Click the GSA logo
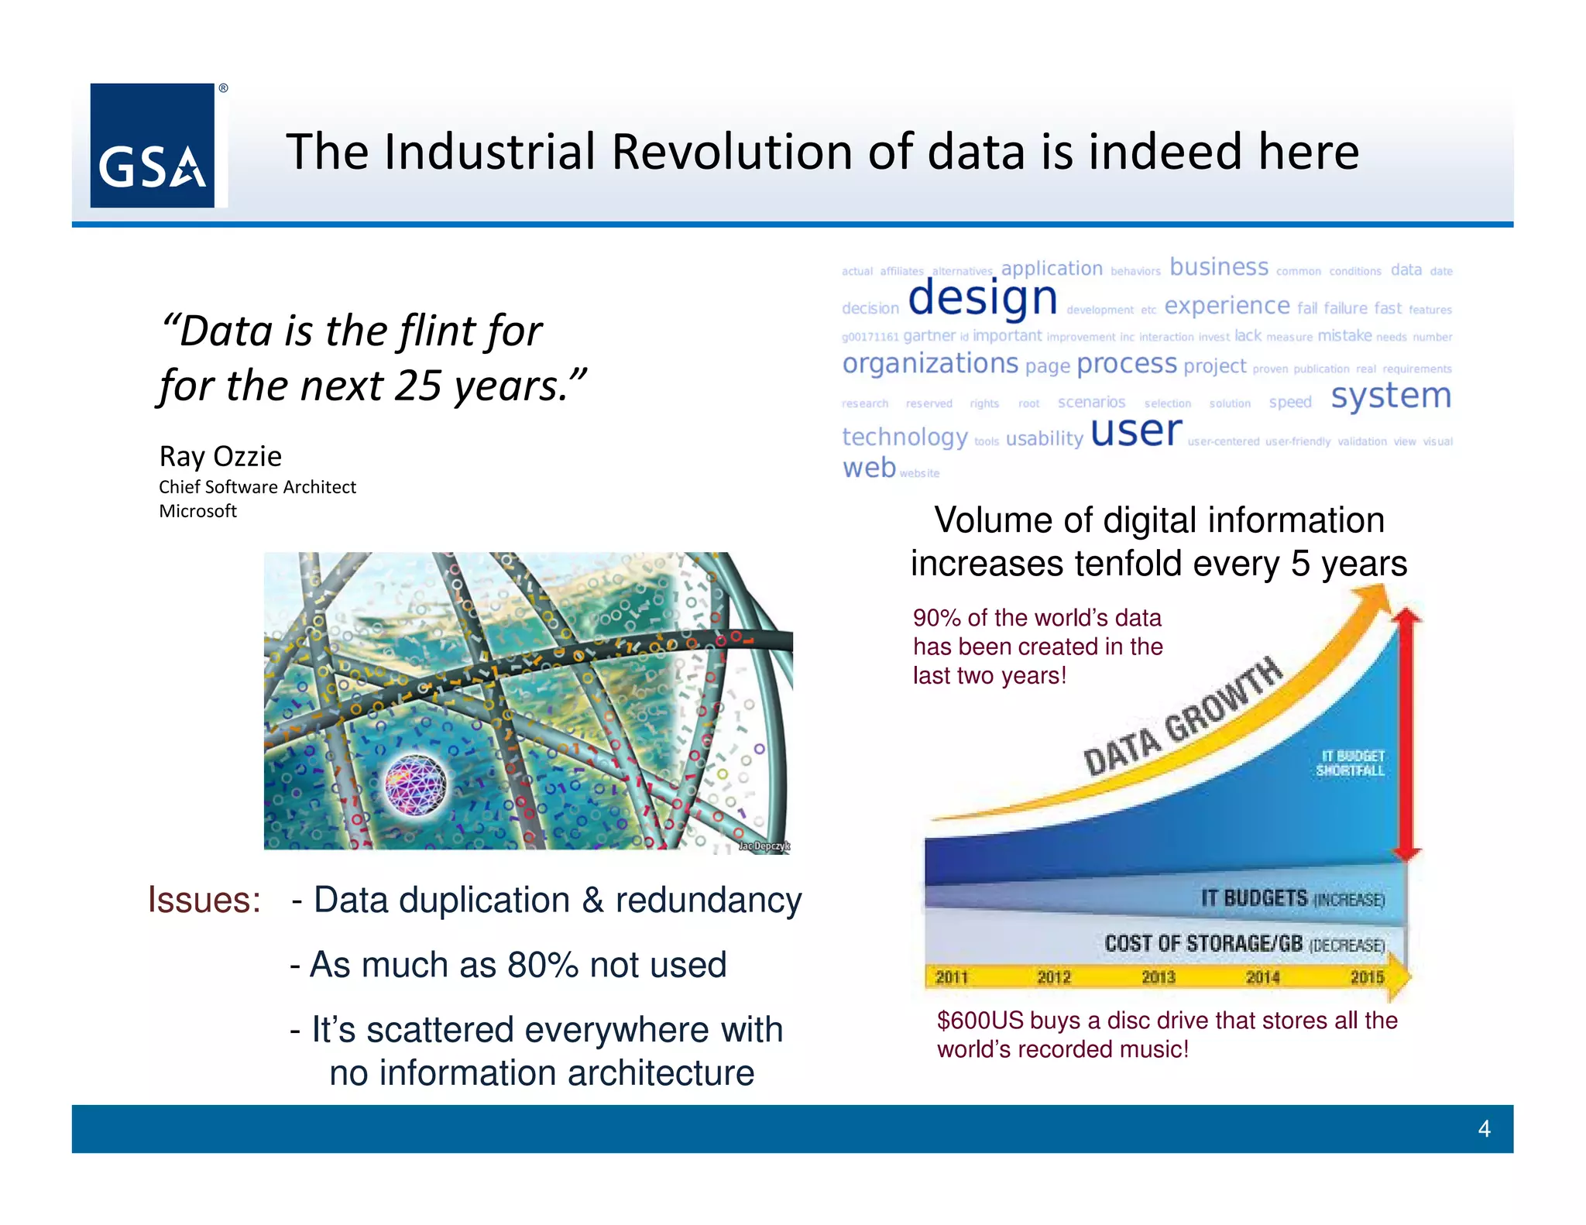153,146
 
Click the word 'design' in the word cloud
982,298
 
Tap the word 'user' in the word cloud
1136,431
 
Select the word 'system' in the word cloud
1390,396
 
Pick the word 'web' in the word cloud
869,468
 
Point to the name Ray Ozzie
220,456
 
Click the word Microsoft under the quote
197,511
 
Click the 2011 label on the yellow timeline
952,977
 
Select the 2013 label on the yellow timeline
1159,977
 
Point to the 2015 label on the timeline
1367,977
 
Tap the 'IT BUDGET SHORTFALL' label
1350,763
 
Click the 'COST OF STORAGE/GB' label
1203,943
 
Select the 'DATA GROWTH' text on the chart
1183,716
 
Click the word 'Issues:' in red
204,900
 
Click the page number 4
1484,1128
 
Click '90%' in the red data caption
936,618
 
